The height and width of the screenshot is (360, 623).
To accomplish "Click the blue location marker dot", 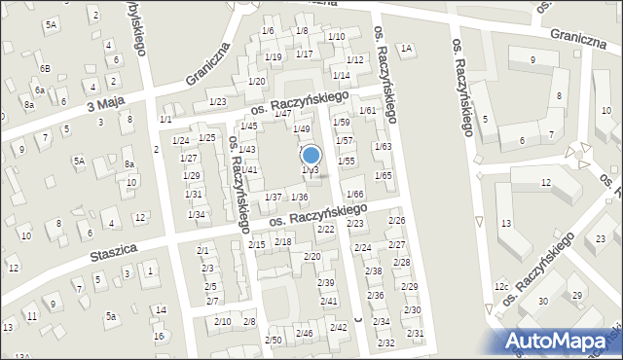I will [x=311, y=155].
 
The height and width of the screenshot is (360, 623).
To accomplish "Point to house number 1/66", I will [x=355, y=195].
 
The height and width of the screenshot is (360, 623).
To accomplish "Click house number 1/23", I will [x=218, y=101].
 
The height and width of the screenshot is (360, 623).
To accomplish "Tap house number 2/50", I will [x=273, y=340].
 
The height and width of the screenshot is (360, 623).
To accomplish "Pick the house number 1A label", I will [x=407, y=48].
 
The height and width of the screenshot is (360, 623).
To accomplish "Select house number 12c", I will [x=500, y=286].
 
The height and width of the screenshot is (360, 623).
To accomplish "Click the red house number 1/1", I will [x=165, y=119].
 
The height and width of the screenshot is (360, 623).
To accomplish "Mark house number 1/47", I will [x=283, y=114].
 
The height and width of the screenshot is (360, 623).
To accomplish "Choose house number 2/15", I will [x=256, y=244].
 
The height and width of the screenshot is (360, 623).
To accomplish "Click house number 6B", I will [x=45, y=68].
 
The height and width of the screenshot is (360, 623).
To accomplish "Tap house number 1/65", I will [x=383, y=175].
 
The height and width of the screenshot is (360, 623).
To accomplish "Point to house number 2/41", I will [x=329, y=301].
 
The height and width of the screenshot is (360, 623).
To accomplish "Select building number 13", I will [x=505, y=224].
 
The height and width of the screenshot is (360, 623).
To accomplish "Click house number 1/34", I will [x=196, y=214].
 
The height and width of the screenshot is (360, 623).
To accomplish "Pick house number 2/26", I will [x=396, y=221].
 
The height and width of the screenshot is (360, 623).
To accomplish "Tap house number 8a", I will [x=29, y=104].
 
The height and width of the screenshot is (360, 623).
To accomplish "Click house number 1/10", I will [x=336, y=36].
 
